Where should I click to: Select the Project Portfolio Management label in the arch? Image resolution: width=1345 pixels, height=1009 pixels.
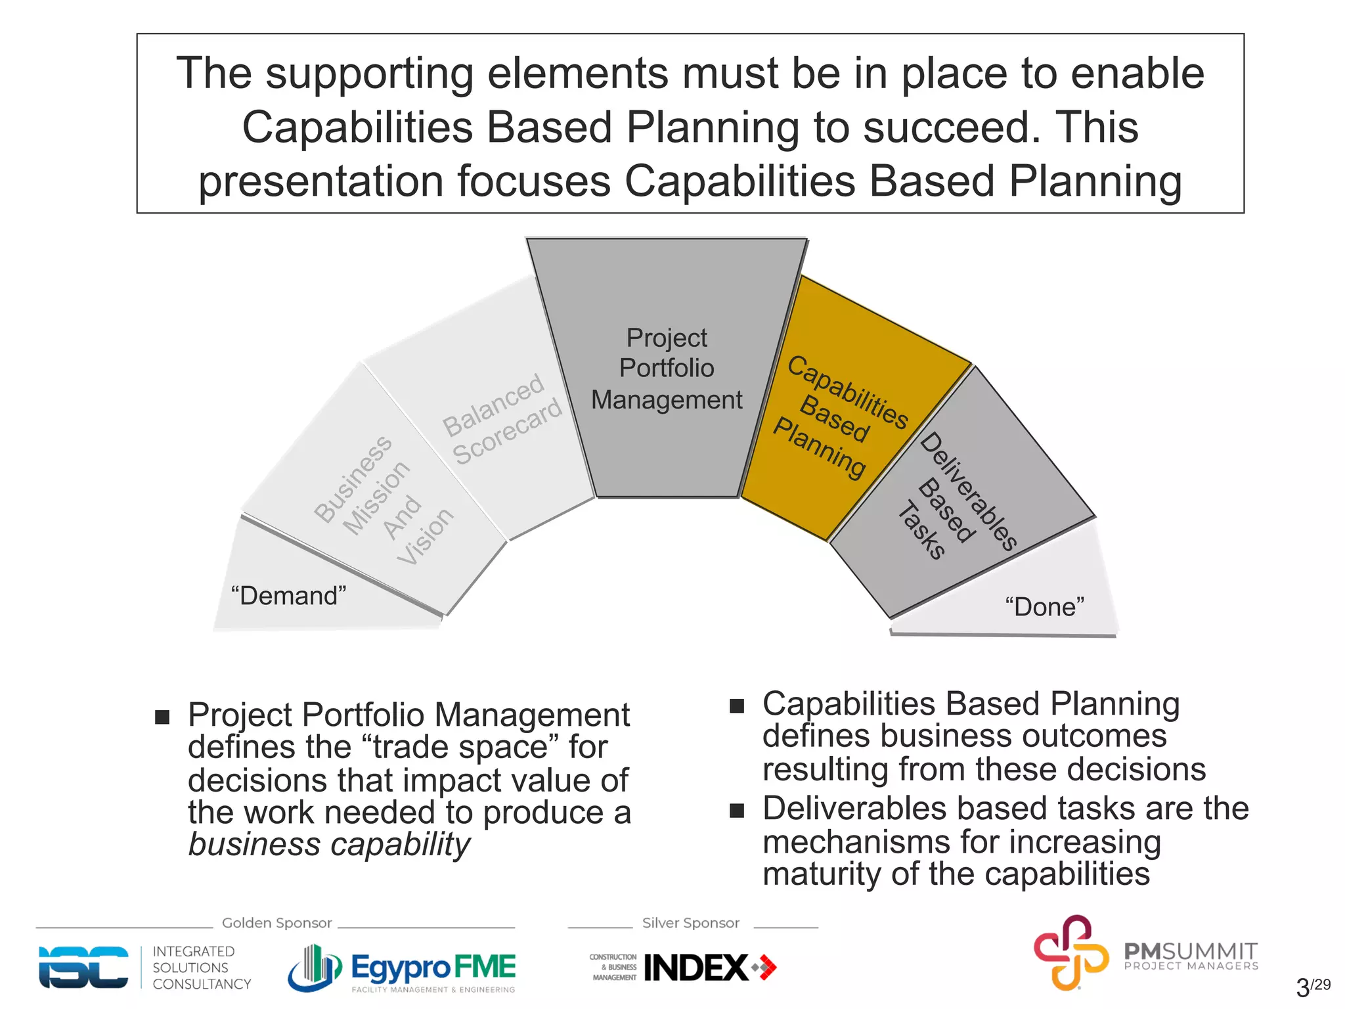coord(667,369)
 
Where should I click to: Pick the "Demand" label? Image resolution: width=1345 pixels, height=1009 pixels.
coord(288,596)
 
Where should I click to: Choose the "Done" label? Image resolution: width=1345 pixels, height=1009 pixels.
coord(1044,607)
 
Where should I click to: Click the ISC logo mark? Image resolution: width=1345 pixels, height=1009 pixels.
coord(83,967)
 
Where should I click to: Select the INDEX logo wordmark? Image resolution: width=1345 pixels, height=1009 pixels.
coord(696,968)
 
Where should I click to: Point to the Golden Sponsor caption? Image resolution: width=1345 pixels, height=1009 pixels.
coord(276,923)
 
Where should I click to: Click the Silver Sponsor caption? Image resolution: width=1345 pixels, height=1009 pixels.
coord(690,923)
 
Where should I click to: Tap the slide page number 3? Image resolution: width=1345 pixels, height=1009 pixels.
coord(1302,987)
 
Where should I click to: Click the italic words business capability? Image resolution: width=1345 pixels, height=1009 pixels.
coord(329,844)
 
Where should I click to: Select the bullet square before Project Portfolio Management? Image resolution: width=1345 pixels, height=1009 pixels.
coord(162,717)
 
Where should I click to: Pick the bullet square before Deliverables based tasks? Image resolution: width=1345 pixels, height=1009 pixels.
coord(737,811)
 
